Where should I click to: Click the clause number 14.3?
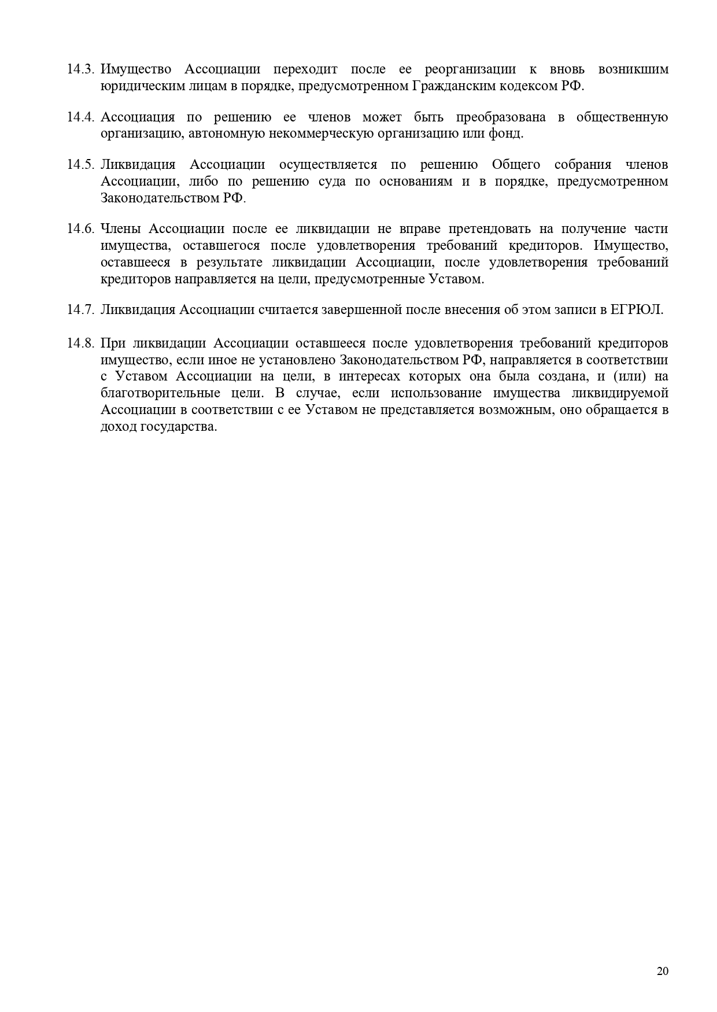[80, 69]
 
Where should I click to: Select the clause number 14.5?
[80, 165]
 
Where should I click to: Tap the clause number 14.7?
[80, 309]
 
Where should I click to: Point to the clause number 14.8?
[80, 344]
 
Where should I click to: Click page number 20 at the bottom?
[663, 971]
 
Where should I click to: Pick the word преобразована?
[500, 117]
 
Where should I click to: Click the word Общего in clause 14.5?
[516, 165]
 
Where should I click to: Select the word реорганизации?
[470, 69]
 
